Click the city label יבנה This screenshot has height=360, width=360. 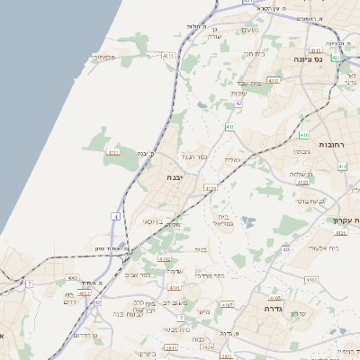click(175, 178)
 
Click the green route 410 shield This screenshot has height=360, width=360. click(304, 135)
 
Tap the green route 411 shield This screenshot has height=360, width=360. click(230, 128)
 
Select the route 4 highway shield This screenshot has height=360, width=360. click(115, 217)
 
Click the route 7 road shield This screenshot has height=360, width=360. click(29, 283)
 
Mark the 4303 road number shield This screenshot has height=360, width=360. click(273, 80)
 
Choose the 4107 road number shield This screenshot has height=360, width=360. click(227, 305)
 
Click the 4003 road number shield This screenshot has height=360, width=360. click(73, 279)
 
